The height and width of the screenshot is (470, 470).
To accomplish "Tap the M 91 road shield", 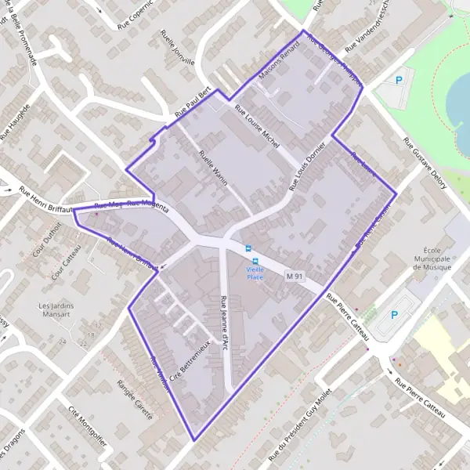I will (x=294, y=277).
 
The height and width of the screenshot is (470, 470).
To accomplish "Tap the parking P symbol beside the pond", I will (x=401, y=79).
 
